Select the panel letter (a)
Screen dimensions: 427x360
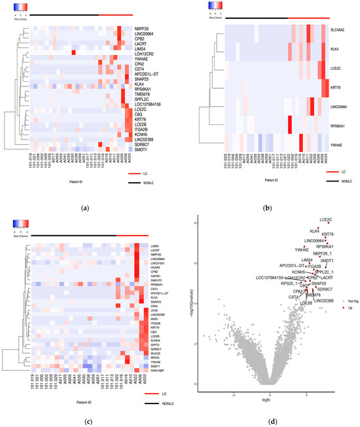tap(88, 206)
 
